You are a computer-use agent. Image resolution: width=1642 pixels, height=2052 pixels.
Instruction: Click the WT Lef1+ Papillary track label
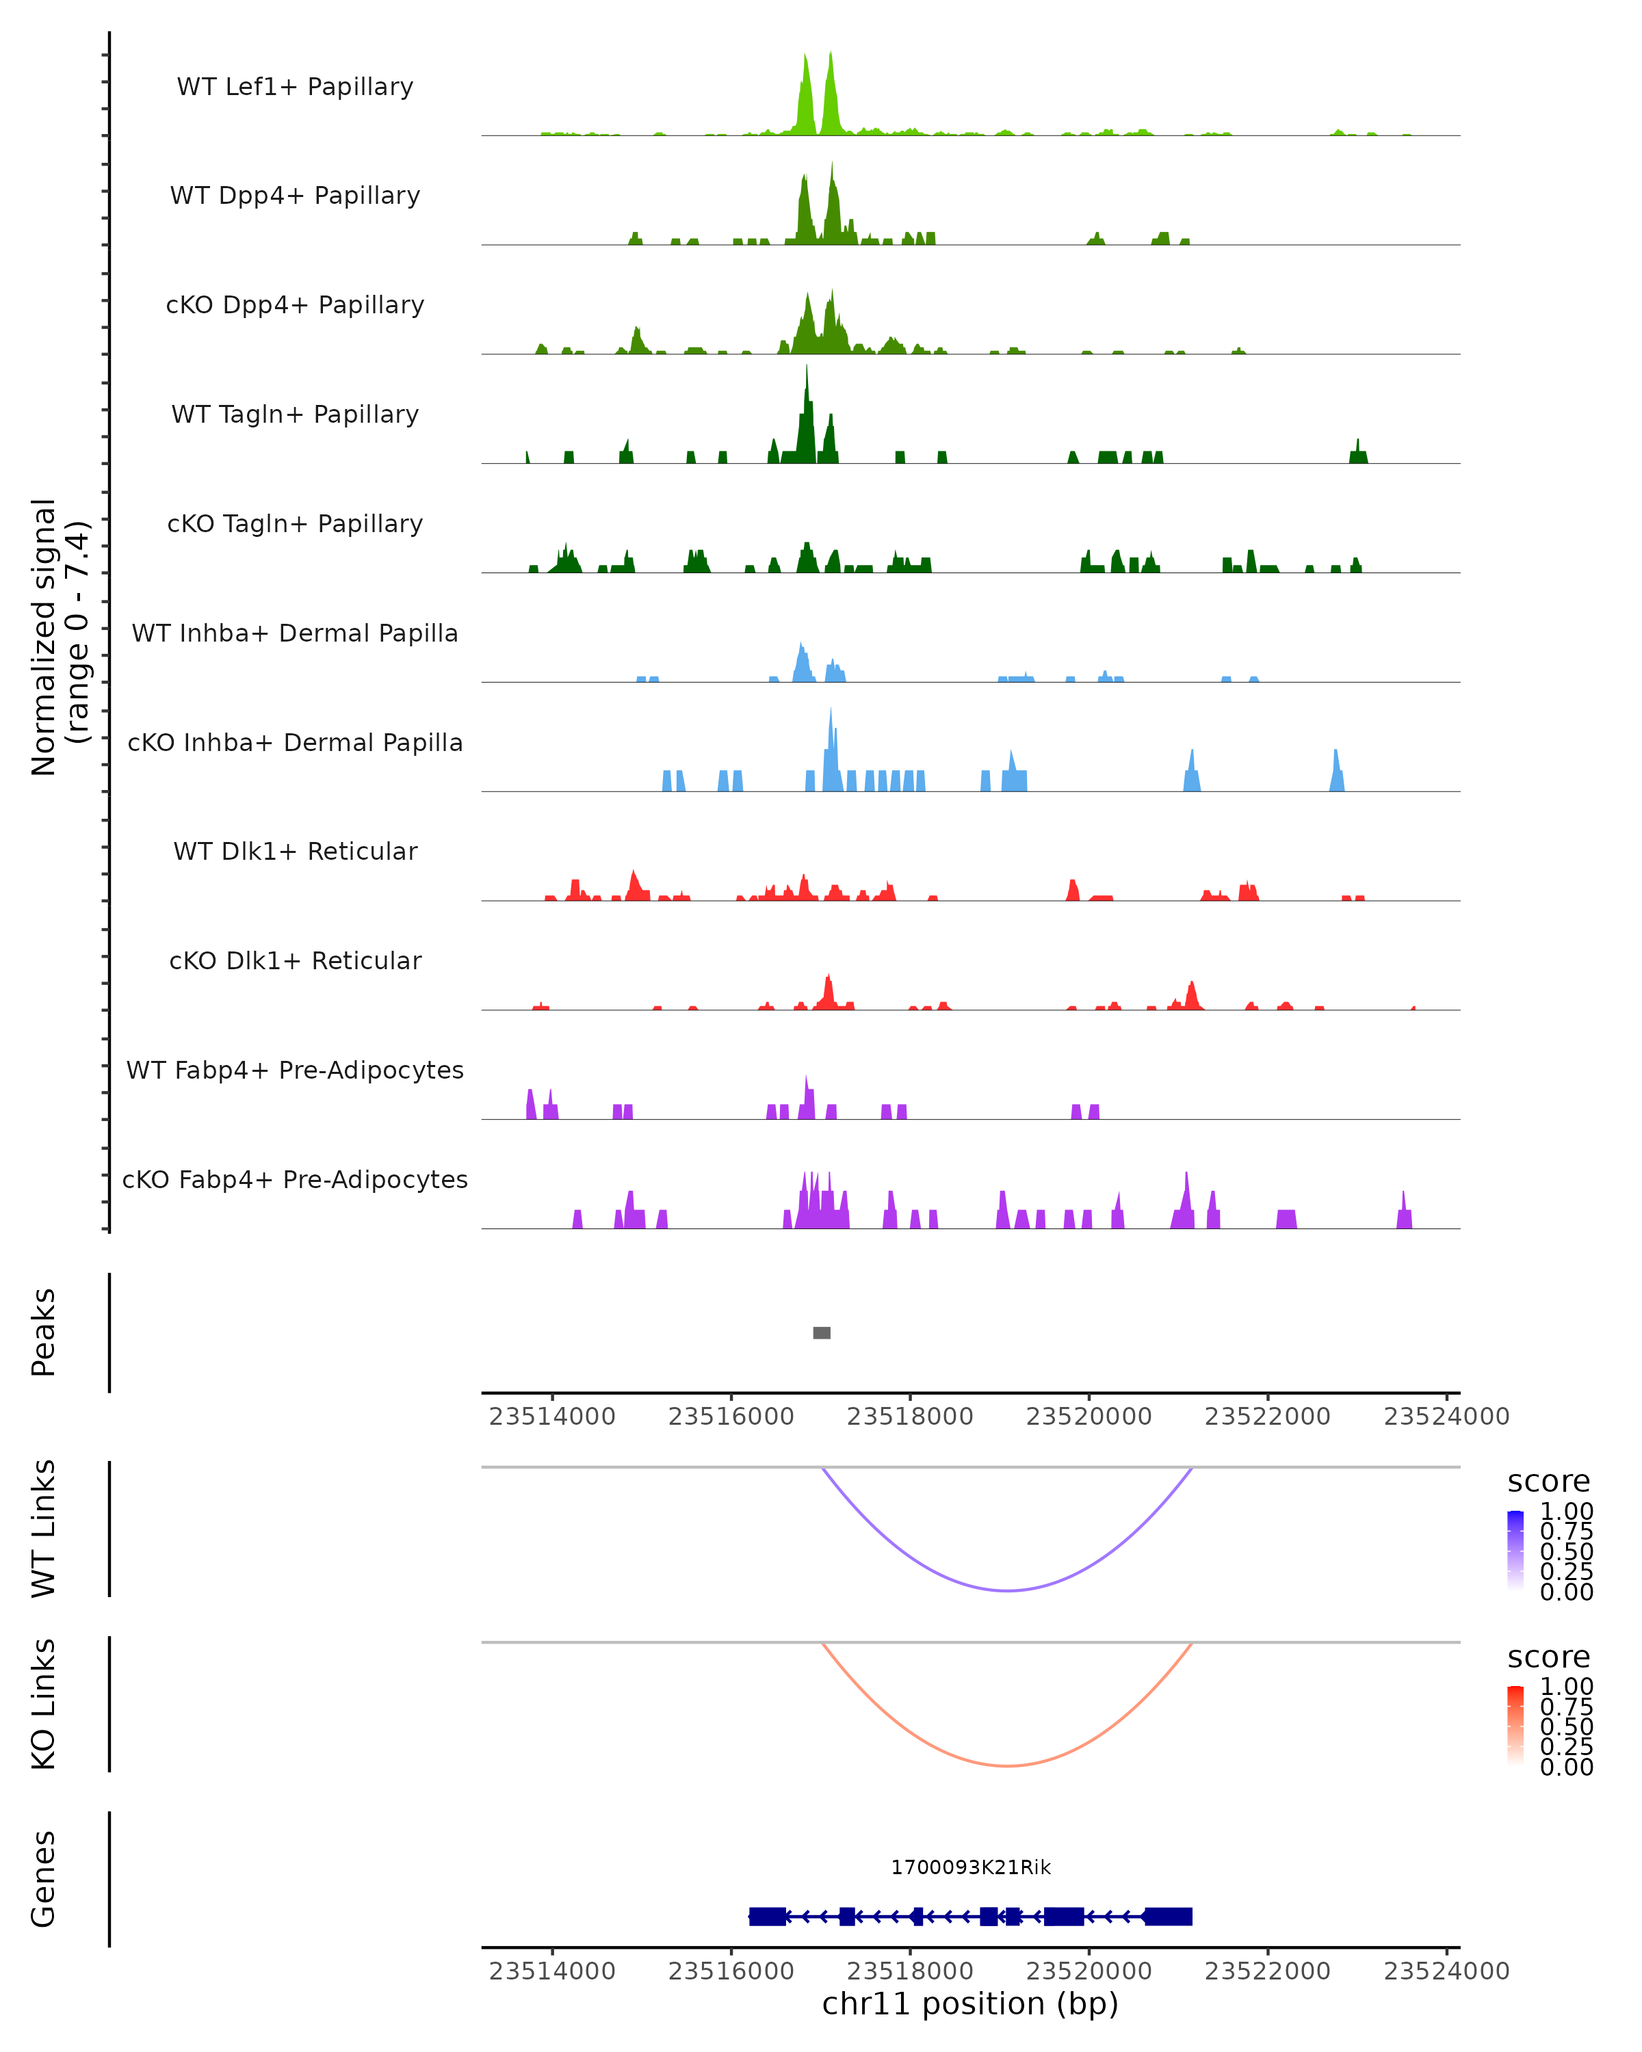click(x=295, y=87)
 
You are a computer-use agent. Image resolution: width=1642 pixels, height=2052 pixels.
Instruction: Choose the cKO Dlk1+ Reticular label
click(x=295, y=960)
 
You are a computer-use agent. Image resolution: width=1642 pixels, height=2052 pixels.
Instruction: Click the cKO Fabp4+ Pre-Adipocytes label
click(x=295, y=1179)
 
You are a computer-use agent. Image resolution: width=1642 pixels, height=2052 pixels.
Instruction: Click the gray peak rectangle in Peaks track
click(x=822, y=1332)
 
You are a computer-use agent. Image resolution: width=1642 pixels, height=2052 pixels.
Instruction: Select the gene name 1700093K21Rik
click(x=971, y=1867)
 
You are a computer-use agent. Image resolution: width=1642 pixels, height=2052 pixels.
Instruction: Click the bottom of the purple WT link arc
click(x=1007, y=1590)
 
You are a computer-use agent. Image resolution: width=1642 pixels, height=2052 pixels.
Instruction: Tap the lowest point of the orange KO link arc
click(x=1007, y=1765)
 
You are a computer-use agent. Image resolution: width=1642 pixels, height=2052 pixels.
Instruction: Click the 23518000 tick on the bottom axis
click(x=910, y=1971)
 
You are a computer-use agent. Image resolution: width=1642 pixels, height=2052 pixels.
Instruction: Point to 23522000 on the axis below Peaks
click(x=1268, y=1417)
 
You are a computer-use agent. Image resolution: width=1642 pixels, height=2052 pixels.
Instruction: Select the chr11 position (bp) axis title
click(x=970, y=2003)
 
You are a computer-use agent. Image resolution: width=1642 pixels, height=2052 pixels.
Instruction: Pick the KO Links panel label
click(x=44, y=1704)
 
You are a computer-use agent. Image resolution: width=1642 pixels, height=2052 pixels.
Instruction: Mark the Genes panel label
click(x=44, y=1879)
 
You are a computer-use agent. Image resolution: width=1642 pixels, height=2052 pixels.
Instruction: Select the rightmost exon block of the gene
click(x=1168, y=1917)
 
